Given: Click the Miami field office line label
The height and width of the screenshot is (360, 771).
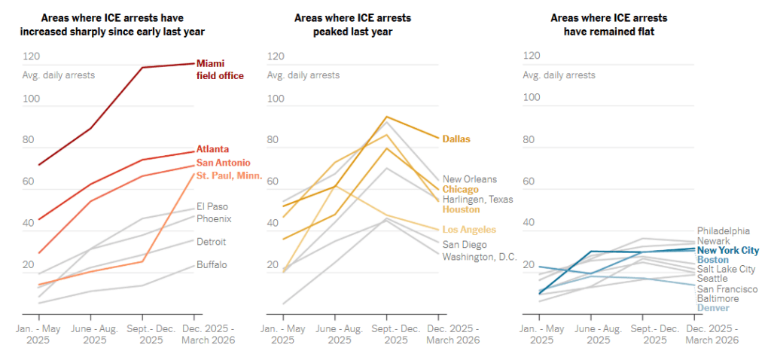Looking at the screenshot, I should tap(220, 69).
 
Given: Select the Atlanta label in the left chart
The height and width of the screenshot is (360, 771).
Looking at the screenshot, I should tap(212, 149).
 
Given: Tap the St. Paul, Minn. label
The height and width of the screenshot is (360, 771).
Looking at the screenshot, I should tap(229, 175).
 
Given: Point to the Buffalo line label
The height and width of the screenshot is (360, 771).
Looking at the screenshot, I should tap(212, 265).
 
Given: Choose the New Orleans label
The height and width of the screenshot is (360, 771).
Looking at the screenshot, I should tap(469, 179).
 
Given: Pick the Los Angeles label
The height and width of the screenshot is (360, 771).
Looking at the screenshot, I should tap(469, 229).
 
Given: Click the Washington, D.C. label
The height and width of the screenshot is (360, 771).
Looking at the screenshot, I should tap(480, 257).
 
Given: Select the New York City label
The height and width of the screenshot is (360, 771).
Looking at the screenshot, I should tap(728, 250).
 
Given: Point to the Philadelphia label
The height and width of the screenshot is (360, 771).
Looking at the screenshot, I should tap(724, 230).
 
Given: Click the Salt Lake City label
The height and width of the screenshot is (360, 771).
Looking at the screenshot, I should tap(726, 269).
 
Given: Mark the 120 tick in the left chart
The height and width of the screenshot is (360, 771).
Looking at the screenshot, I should tap(32, 56).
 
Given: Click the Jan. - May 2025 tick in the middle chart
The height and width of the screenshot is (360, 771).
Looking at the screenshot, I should tap(283, 334).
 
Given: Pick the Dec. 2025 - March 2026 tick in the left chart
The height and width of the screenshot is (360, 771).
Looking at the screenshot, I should tap(209, 334).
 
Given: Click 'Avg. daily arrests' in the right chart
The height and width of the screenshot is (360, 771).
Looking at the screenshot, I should tap(559, 75).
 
